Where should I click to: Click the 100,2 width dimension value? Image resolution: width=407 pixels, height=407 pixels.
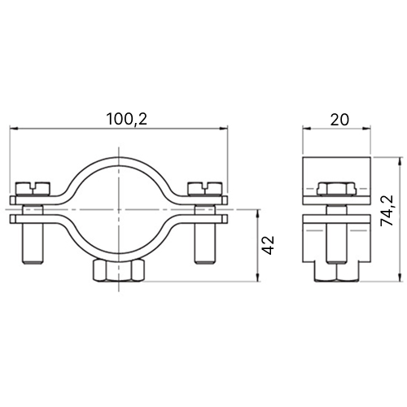point(127,120)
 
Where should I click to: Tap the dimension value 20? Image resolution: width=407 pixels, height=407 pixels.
point(339,120)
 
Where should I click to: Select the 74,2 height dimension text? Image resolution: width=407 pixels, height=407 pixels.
point(387,211)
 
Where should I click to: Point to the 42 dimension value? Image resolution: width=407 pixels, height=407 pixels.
point(269,245)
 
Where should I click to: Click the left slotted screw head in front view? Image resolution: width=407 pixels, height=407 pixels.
point(33,188)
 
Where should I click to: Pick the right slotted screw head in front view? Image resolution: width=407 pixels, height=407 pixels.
point(205,188)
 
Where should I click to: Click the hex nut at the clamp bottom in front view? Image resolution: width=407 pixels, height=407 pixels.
point(119,271)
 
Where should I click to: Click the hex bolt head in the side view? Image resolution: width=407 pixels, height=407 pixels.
point(336,189)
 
